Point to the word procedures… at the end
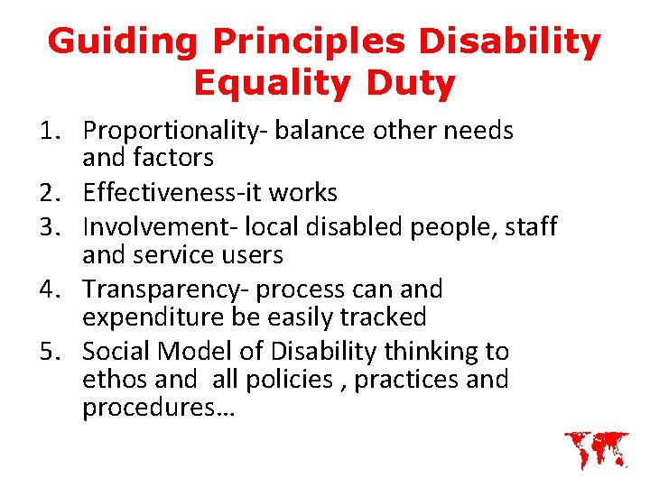(x=158, y=409)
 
